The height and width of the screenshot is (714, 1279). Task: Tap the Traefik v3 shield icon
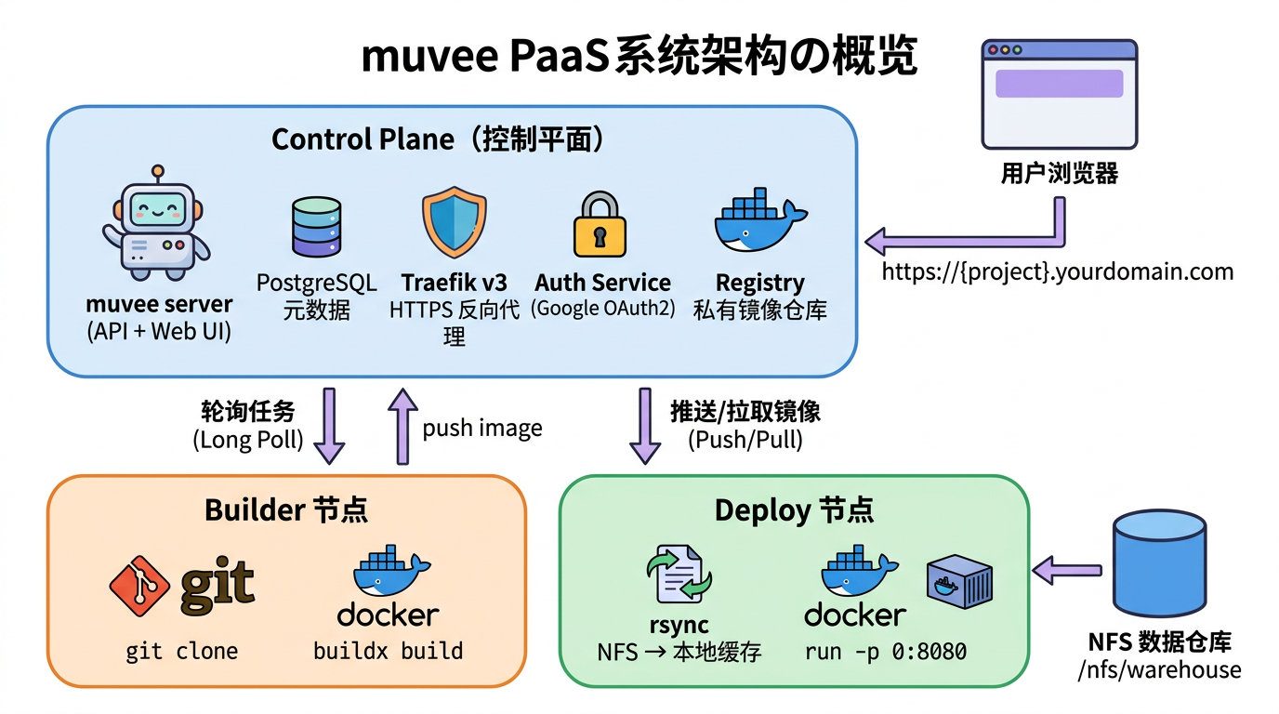click(x=454, y=221)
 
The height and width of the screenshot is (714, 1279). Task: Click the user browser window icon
click(x=1059, y=94)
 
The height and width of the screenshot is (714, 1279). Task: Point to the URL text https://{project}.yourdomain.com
click(x=1057, y=271)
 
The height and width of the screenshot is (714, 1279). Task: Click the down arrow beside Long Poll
click(x=329, y=426)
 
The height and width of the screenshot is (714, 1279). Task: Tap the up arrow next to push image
click(x=402, y=426)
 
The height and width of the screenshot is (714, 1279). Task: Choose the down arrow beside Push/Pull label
click(x=645, y=426)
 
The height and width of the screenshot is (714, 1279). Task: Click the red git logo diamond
click(x=139, y=586)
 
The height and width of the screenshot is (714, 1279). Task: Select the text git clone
click(x=182, y=651)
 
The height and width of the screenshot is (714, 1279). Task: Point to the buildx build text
click(x=388, y=651)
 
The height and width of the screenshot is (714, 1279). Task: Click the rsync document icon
click(x=678, y=576)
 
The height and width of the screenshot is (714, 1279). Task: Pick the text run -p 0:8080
click(x=885, y=652)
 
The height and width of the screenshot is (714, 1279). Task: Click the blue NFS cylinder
click(x=1159, y=566)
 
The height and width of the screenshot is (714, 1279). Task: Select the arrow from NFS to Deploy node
click(x=1068, y=570)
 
